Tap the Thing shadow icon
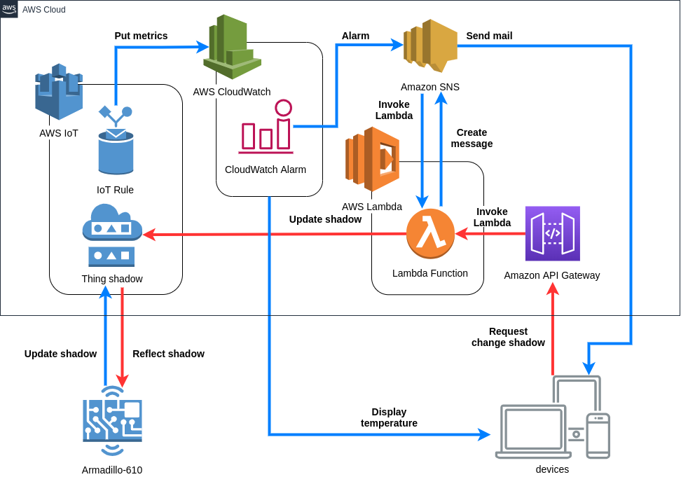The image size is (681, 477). (x=112, y=235)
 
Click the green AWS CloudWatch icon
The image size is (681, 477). (x=232, y=47)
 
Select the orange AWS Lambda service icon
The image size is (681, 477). (x=372, y=159)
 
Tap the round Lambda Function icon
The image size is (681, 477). (x=430, y=234)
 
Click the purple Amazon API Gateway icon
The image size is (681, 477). (x=552, y=233)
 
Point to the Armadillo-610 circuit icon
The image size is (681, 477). (x=112, y=421)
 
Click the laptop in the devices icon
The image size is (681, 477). (x=532, y=431)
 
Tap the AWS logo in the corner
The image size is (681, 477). (x=9, y=8)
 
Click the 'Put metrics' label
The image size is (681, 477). (x=141, y=36)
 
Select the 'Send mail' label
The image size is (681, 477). (x=489, y=36)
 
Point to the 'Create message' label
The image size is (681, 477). (x=472, y=138)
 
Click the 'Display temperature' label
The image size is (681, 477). (x=389, y=417)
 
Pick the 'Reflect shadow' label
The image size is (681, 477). (x=168, y=354)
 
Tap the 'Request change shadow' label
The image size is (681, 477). (x=508, y=337)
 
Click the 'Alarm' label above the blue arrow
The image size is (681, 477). (x=355, y=36)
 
